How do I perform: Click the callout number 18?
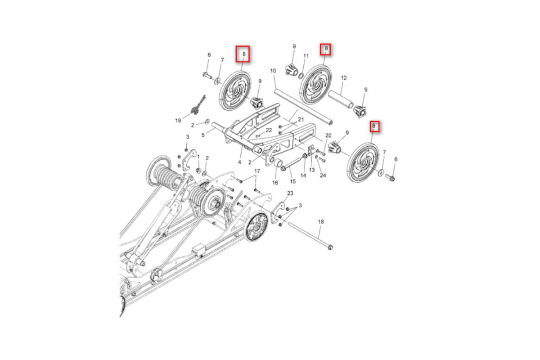(321, 221)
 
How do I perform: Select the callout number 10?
(273, 71)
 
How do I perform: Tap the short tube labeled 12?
(341, 99)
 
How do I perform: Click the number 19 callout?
(178, 120)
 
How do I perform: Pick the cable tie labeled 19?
(198, 105)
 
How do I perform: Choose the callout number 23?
(290, 193)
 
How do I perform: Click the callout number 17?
(257, 171)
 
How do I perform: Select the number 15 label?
(292, 181)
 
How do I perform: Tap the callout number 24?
(323, 175)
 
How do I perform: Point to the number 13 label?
(312, 170)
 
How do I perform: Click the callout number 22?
(269, 130)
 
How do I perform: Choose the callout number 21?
(301, 119)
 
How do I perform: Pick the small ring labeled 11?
(301, 76)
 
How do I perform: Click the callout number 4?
(239, 162)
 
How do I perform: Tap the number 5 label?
(203, 135)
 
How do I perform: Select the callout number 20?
(328, 135)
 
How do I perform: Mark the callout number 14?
(303, 175)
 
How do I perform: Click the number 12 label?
(344, 78)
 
